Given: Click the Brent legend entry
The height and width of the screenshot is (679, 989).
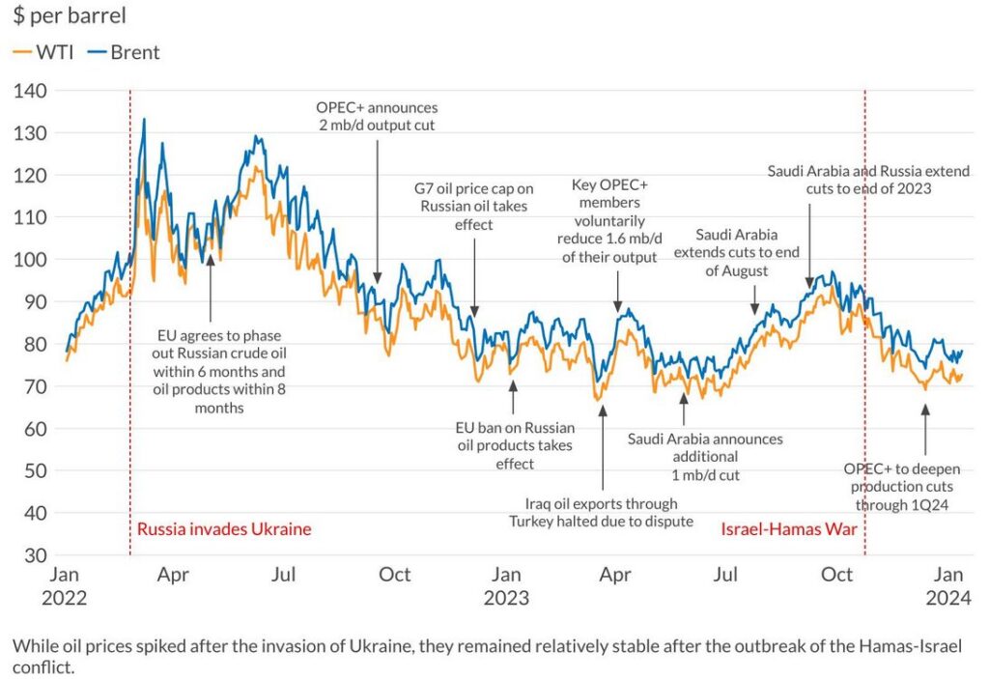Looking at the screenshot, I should pos(124,52).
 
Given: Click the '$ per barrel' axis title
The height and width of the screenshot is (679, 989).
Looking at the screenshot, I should pos(70,16).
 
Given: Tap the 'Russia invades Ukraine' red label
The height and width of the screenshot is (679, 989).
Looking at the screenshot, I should pos(224,529).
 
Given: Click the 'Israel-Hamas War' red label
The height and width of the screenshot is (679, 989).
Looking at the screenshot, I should pos(789,529).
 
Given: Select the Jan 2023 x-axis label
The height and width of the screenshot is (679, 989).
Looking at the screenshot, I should pos(505,585).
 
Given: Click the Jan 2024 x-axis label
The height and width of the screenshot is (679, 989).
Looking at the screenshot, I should pos(948,585).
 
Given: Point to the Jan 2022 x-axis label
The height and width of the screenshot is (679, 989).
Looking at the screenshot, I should pos(64,585).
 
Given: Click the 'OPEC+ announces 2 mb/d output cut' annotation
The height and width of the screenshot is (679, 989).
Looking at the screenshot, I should pos(377,117).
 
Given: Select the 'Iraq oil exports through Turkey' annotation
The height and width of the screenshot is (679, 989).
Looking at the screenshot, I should pos(602,513).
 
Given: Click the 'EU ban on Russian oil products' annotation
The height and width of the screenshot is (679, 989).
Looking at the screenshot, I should pos(515,445).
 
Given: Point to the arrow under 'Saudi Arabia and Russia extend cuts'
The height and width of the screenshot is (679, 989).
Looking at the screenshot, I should pos(810,245).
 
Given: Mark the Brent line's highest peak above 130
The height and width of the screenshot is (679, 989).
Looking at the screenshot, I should pos(144,120).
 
